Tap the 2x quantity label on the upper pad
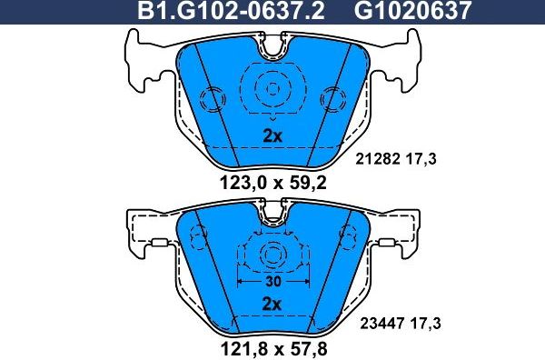coord(272,136)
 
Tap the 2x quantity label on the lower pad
coord(272,302)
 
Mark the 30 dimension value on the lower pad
coord(272,282)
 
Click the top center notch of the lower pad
coord(272,216)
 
